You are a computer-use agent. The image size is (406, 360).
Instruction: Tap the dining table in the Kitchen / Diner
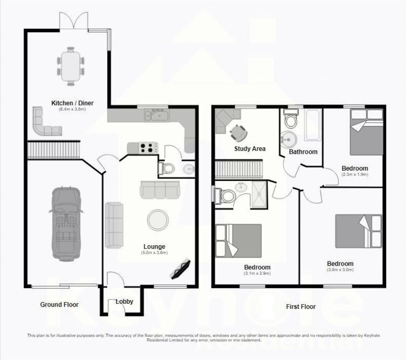click(x=71, y=66)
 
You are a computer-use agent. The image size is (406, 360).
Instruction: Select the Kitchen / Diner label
click(x=72, y=103)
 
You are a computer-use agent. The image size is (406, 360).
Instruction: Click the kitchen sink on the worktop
click(x=157, y=115)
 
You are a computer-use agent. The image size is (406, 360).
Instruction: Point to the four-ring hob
click(x=148, y=148)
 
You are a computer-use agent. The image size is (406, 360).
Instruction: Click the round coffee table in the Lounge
click(x=158, y=220)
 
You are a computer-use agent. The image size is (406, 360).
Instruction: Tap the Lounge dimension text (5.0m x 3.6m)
click(x=154, y=253)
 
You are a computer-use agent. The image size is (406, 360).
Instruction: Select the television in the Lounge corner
click(x=180, y=268)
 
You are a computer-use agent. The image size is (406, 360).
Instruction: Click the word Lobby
click(x=124, y=301)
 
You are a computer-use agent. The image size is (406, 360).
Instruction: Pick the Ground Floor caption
click(x=59, y=304)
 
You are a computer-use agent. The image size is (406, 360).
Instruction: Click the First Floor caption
click(x=301, y=306)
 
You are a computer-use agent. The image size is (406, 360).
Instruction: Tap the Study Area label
click(x=250, y=149)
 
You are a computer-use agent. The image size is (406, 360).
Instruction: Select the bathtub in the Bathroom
click(x=313, y=125)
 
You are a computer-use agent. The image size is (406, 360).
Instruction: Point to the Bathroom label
click(x=303, y=152)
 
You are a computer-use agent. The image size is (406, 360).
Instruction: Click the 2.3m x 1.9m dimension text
click(x=355, y=174)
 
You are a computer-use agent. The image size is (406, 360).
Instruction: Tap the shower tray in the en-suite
click(x=259, y=195)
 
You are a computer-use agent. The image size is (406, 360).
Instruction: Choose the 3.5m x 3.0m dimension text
click(x=340, y=270)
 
